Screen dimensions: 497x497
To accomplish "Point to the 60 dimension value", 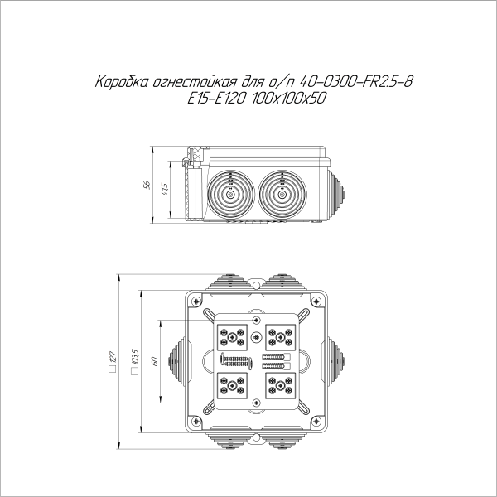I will pos(153,361).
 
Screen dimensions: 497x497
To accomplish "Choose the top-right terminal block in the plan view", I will pos(280,336).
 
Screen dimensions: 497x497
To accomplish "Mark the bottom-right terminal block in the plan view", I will pos(280,385).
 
